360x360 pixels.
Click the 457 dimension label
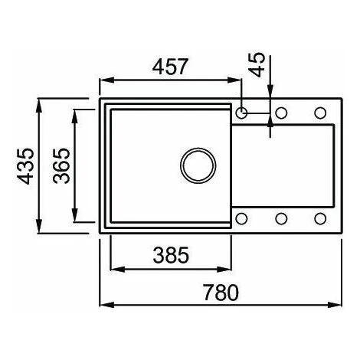(170, 67)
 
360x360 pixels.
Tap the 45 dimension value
(257, 64)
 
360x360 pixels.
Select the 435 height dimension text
(25, 166)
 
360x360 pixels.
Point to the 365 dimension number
(61, 165)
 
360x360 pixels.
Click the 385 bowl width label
(171, 255)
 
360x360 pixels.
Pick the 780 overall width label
(221, 293)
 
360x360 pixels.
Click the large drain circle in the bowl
(198, 165)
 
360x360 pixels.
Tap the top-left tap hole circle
(241, 113)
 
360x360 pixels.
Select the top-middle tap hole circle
(281, 113)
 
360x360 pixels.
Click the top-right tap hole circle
(320, 113)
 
